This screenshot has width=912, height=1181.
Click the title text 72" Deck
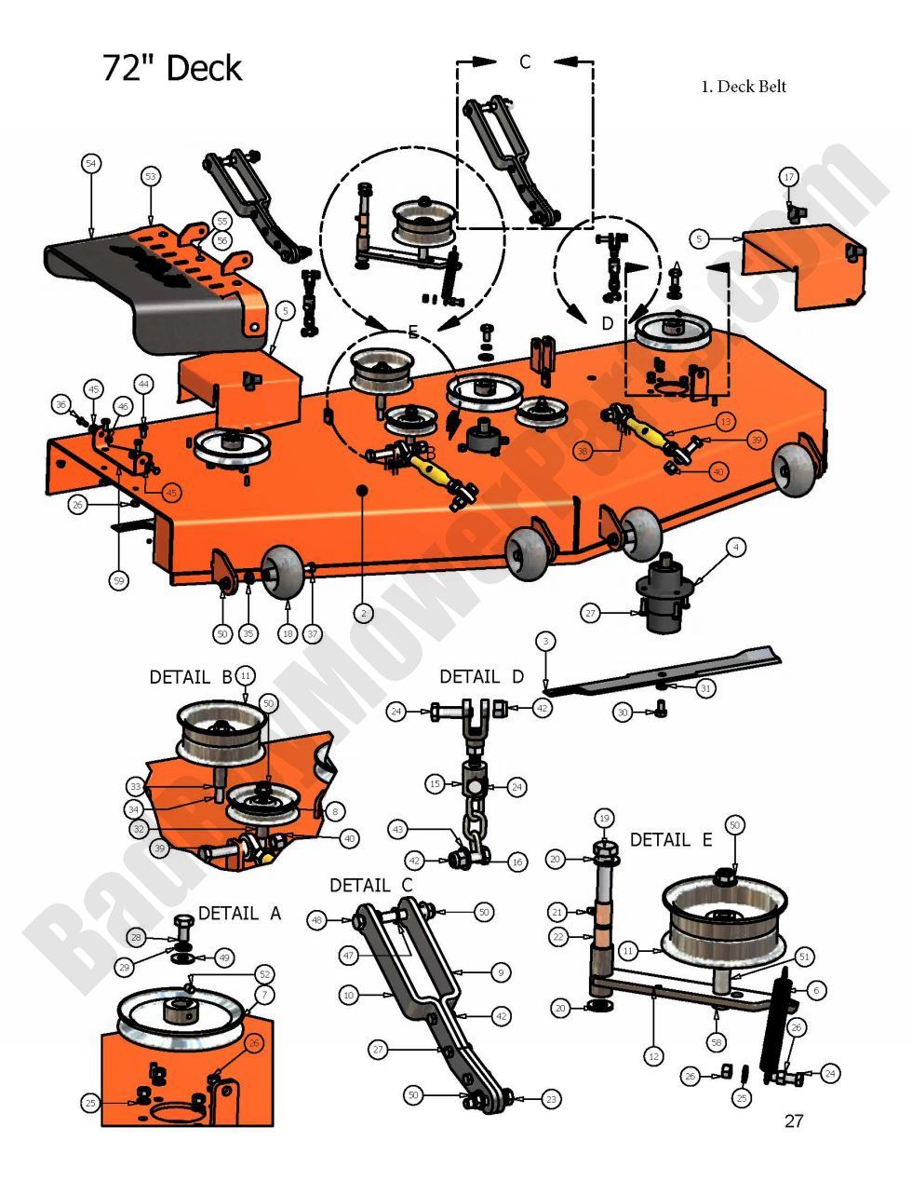click(172, 69)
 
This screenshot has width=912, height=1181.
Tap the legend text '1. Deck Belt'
click(743, 87)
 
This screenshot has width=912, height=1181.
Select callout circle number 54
click(90, 164)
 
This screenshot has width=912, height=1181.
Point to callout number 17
click(788, 177)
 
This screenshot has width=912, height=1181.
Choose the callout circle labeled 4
click(735, 548)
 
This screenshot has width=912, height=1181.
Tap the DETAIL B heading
click(190, 677)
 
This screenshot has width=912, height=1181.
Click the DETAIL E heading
click(670, 839)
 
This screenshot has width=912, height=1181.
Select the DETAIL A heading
click(239, 914)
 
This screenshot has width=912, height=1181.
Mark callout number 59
click(118, 581)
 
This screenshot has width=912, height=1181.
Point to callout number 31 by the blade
click(706, 687)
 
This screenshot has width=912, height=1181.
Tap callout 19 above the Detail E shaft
click(604, 819)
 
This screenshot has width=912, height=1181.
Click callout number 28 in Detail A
click(136, 937)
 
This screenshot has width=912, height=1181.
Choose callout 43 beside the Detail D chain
click(398, 828)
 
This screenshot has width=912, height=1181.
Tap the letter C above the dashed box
click(525, 62)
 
